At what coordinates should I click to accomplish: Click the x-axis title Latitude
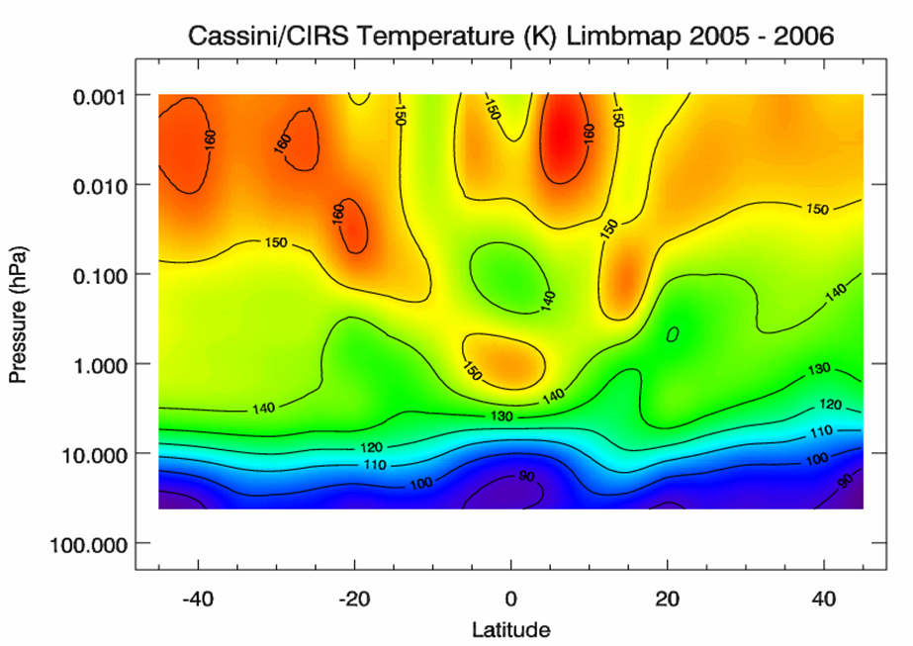[509, 628]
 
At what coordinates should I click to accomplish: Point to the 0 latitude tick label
[510, 599]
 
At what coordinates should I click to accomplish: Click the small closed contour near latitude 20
[674, 334]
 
